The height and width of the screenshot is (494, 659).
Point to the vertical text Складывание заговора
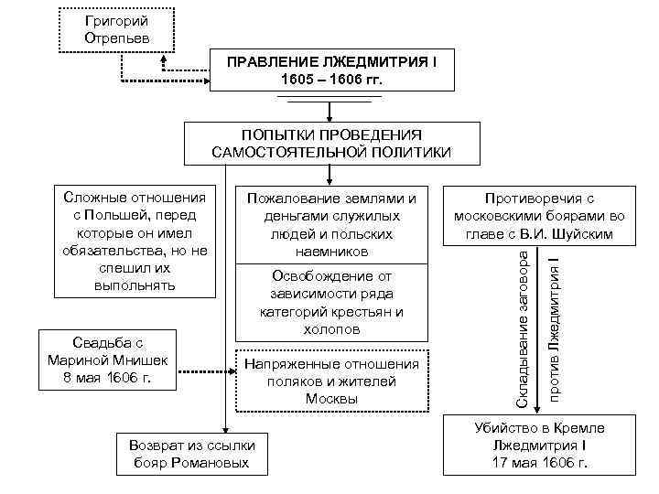(x=523, y=324)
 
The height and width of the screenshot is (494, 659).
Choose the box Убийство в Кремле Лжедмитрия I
(x=538, y=445)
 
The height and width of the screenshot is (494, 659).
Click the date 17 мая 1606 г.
(x=538, y=463)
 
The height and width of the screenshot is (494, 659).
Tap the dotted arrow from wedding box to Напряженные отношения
(x=206, y=372)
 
